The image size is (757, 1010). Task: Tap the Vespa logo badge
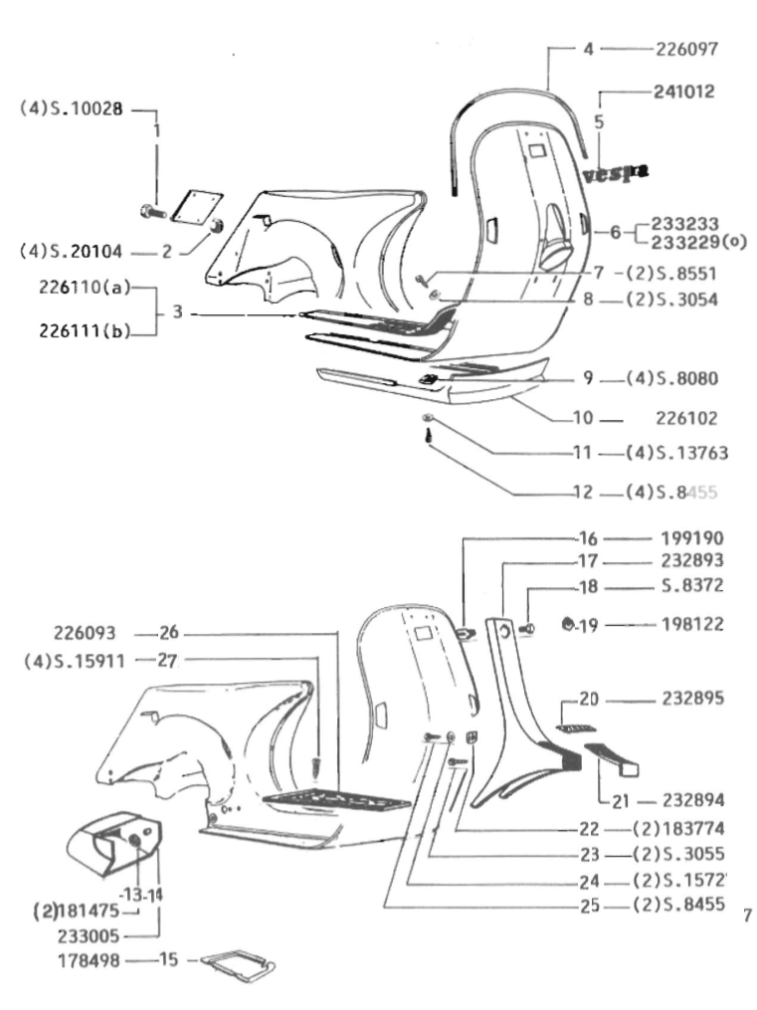(x=616, y=174)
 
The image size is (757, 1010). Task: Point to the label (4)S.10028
(x=70, y=109)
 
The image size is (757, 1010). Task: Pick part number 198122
(x=692, y=626)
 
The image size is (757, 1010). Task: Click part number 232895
(x=692, y=700)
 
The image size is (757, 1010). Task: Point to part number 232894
(x=692, y=800)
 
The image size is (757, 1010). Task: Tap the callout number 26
(x=168, y=632)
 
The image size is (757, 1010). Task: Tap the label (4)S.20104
(x=70, y=252)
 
